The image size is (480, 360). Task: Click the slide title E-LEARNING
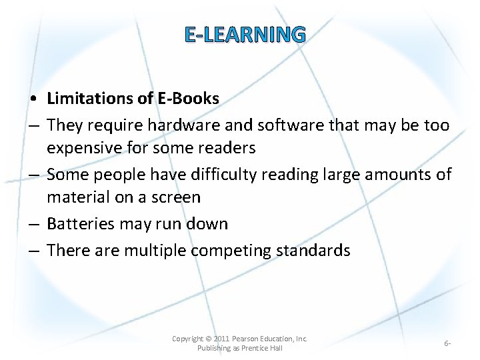[245, 34]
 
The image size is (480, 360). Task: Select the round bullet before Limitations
[33, 99]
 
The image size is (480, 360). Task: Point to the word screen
[175, 197]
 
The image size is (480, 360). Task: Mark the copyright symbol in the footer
[209, 339]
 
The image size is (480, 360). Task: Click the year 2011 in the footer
[222, 339]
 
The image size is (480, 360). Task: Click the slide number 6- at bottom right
[447, 343]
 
